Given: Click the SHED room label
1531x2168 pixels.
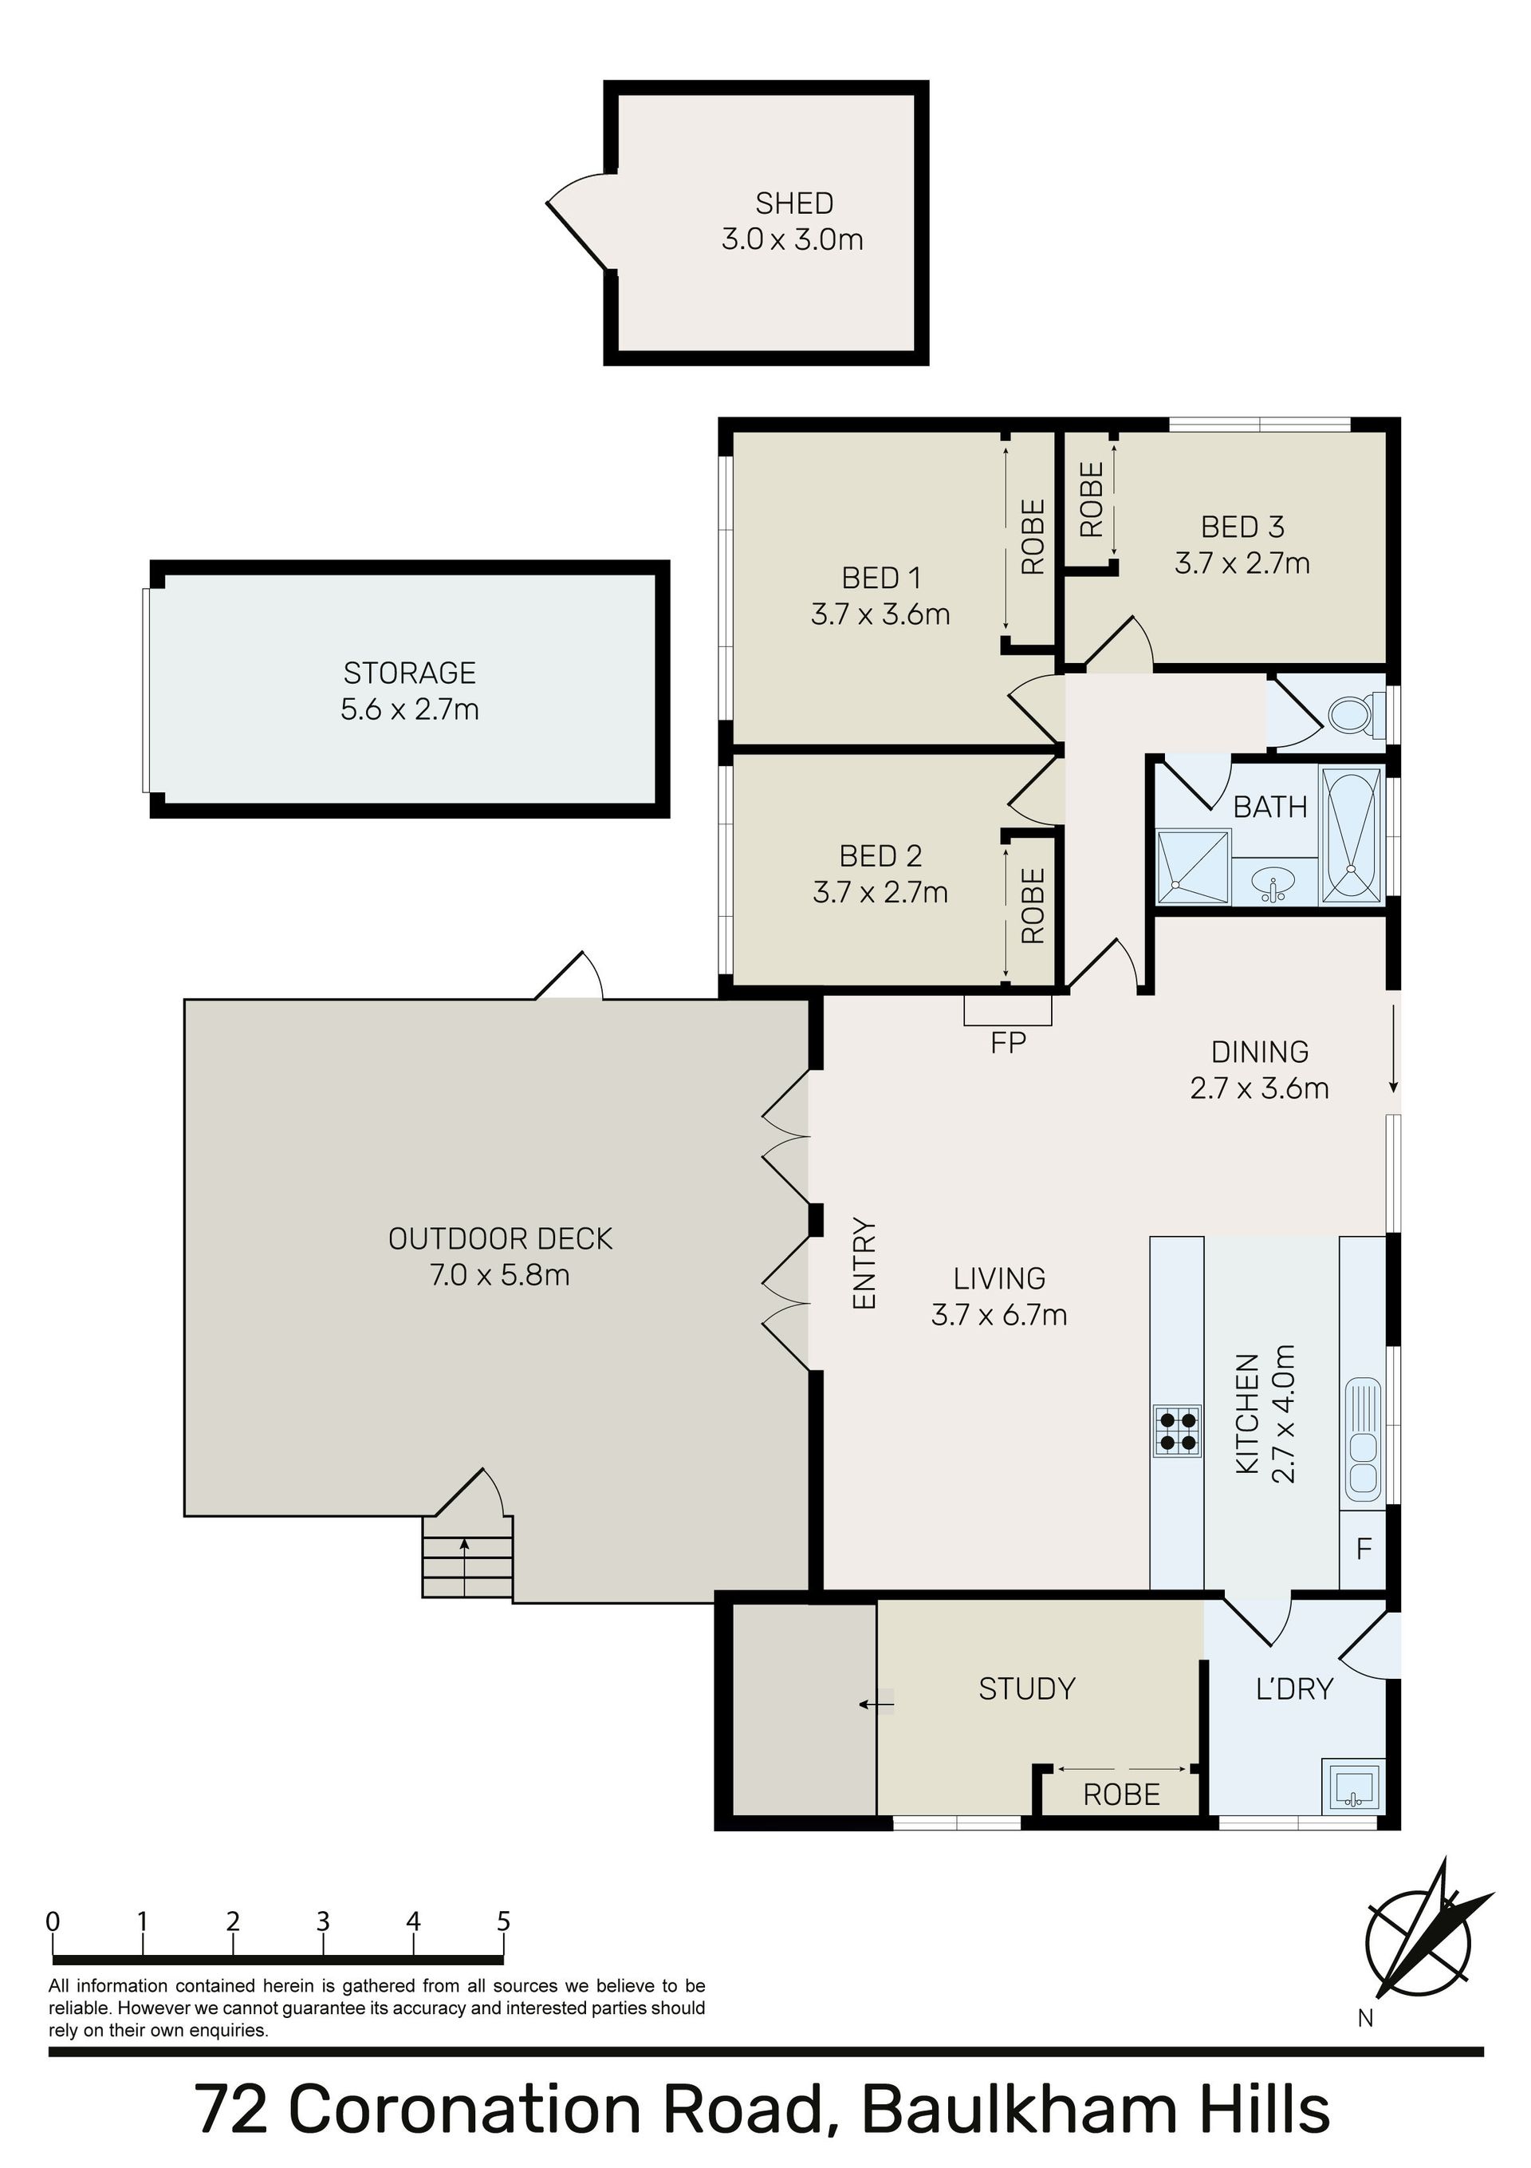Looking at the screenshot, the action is click(x=794, y=203).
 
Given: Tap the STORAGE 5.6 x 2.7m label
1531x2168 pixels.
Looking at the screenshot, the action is click(x=410, y=690).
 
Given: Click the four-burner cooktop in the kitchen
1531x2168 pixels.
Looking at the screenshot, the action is click(x=1177, y=1431).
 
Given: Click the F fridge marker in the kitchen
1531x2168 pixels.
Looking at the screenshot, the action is click(x=1363, y=1549).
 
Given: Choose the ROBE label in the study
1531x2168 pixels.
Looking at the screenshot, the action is click(x=1121, y=1794).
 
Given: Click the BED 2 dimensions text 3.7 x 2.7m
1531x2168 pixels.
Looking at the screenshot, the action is click(x=880, y=891).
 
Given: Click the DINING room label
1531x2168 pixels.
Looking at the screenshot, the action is click(x=1259, y=1051).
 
